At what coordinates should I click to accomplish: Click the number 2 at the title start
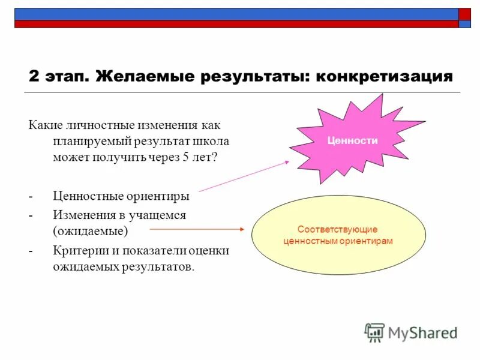pyautogui.click(x=34, y=77)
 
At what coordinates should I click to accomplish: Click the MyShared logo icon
pyautogui.click(x=374, y=332)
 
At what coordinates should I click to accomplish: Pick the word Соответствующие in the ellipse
pyautogui.click(x=338, y=229)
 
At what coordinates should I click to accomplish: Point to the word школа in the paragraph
pyautogui.click(x=212, y=142)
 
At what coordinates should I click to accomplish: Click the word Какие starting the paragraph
pyautogui.click(x=44, y=125)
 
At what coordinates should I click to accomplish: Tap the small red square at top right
pyautogui.click(x=464, y=14)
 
